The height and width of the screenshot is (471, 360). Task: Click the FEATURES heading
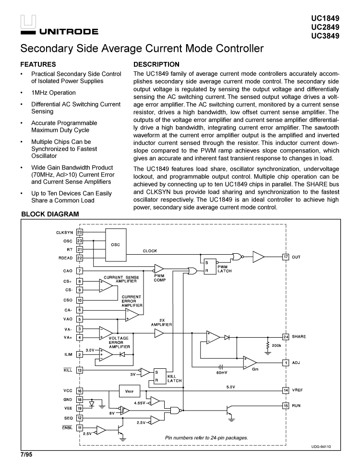point(38,64)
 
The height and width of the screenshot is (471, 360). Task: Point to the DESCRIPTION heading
point(156,64)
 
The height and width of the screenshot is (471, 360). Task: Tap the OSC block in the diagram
point(116,244)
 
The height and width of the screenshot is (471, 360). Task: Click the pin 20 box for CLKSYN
point(80,232)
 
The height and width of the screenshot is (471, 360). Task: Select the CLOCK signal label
point(150,251)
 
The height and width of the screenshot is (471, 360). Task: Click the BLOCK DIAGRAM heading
point(50,214)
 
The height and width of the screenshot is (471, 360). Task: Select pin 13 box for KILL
point(80,370)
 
